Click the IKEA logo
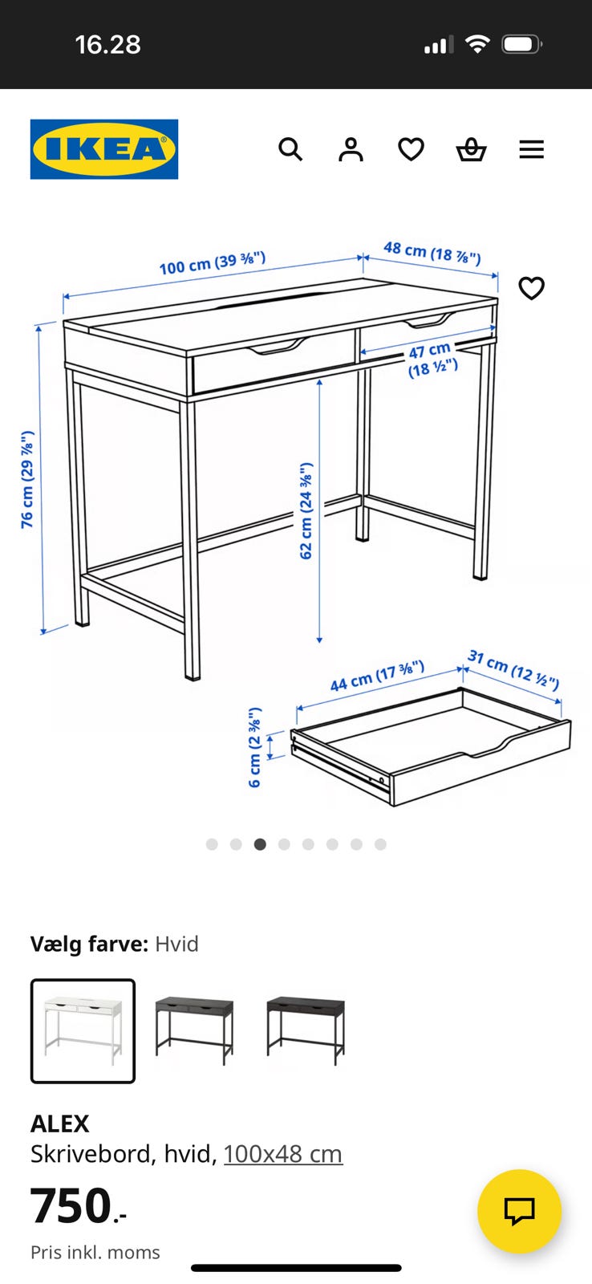pos(103,149)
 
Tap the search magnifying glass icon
pos(290,149)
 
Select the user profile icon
pos(351,149)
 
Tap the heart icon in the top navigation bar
pos(411,149)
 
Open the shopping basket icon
pos(471,149)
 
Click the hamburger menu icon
pos(531,149)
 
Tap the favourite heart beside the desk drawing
pos(531,288)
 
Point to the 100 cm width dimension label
pos(212,263)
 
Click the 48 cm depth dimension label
pos(432,252)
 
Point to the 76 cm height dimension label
pos(27,479)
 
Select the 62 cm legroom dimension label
pos(306,510)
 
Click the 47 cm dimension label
pos(432,359)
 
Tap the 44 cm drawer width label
pos(377,676)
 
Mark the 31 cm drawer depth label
pos(513,670)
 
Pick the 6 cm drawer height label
pos(255,747)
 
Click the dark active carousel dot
pos(260,843)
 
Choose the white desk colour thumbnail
pos(83,1030)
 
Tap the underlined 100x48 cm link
pos(283,1153)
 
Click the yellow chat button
pos(519,1211)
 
